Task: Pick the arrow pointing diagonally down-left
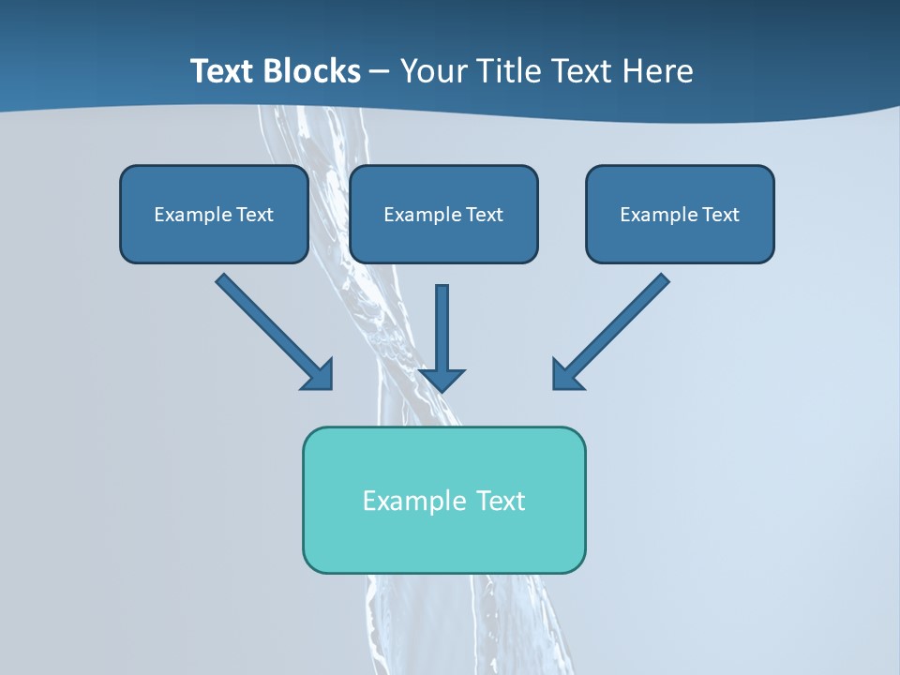pyautogui.click(x=614, y=328)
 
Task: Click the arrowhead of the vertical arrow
pyautogui.click(x=442, y=378)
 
